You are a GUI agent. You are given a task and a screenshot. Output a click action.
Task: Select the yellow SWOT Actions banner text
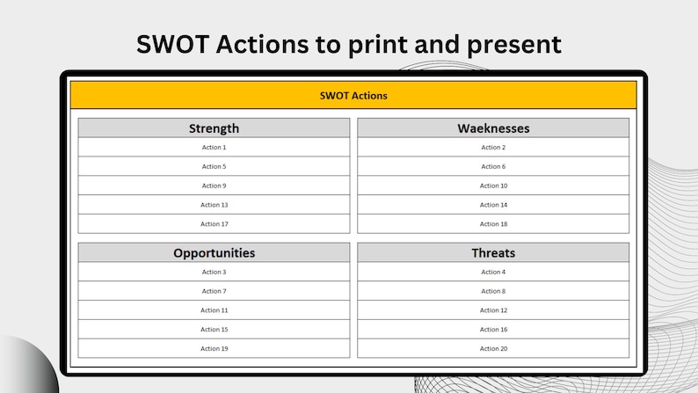point(353,95)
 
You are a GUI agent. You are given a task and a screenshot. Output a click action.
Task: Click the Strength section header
point(214,128)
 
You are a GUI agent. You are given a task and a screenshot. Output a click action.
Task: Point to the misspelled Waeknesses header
point(493,128)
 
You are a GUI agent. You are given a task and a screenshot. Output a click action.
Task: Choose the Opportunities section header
point(214,253)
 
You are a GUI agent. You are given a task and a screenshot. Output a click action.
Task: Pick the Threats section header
point(493,253)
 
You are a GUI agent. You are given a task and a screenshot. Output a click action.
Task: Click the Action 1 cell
point(214,148)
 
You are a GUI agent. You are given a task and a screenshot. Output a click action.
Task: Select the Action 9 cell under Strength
point(214,186)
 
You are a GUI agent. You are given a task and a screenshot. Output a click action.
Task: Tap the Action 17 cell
point(214,224)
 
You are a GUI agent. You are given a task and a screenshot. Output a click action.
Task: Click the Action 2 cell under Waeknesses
point(493,148)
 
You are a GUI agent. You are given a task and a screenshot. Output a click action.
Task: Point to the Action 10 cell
point(493,186)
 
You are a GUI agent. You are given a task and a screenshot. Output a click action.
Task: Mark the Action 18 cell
point(493,224)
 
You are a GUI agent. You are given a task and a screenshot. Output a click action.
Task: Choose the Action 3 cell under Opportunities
point(214,272)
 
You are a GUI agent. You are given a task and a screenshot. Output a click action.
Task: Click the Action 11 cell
point(214,310)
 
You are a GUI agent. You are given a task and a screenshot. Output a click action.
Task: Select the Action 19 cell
point(214,349)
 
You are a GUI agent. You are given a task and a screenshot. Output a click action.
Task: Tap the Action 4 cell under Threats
point(493,272)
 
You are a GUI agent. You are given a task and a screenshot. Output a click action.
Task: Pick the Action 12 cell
point(493,310)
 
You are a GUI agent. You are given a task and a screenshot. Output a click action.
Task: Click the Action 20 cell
point(493,349)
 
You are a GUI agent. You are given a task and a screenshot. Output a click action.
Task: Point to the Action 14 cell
point(493,205)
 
